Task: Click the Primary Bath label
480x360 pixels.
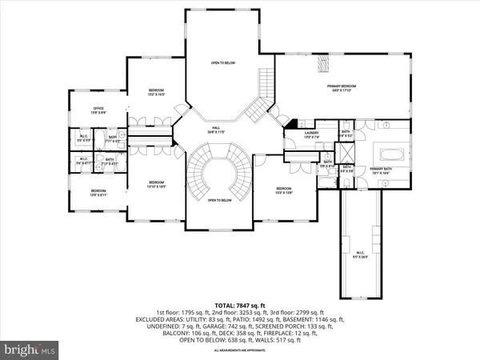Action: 381,170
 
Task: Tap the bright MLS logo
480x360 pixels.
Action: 30,349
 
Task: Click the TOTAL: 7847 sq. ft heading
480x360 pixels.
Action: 239,306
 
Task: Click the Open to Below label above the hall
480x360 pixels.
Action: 223,62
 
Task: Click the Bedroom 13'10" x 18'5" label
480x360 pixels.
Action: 156,184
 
